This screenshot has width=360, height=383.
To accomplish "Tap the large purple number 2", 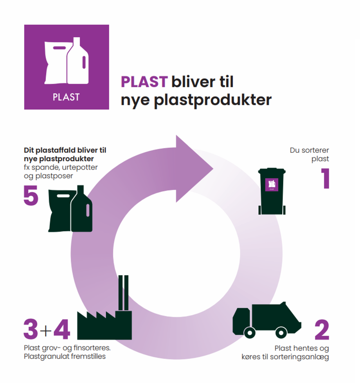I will [x=322, y=330].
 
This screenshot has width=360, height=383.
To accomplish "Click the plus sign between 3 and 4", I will [x=46, y=331].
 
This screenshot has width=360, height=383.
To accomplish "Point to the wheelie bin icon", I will [x=272, y=192].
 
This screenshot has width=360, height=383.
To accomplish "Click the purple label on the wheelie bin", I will [x=272, y=184].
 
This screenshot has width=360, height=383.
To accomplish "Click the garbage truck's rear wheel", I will [x=281, y=333].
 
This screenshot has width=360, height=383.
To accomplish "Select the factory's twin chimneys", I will [x=123, y=292].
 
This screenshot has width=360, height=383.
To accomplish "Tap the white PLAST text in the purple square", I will [x=66, y=97].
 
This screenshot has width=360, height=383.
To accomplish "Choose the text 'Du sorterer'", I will [x=309, y=150].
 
